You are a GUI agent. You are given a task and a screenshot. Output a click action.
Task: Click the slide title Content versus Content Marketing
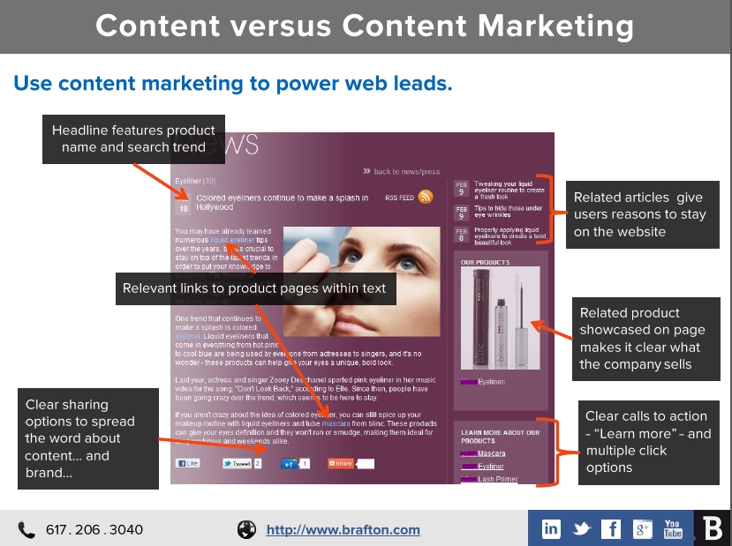click(x=365, y=26)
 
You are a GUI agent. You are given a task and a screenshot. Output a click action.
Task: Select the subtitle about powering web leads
click(x=233, y=84)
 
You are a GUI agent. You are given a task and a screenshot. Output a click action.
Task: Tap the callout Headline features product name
click(x=133, y=139)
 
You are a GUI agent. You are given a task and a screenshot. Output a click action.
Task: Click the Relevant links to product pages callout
click(x=254, y=288)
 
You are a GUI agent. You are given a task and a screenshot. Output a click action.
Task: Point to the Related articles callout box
click(x=638, y=214)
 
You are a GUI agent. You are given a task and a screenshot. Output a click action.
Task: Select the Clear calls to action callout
click(x=648, y=441)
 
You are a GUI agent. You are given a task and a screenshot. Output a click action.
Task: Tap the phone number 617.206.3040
click(x=94, y=530)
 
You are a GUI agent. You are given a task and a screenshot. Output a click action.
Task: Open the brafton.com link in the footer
click(x=343, y=530)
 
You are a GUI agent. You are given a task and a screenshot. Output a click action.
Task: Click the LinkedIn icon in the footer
click(x=551, y=529)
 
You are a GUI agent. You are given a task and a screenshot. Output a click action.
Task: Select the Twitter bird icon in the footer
click(x=581, y=529)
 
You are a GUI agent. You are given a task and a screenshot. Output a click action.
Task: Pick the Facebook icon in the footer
click(x=611, y=529)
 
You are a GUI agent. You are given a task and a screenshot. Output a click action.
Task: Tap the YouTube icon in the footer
click(x=673, y=529)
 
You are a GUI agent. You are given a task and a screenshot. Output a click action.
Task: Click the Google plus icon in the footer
click(x=642, y=529)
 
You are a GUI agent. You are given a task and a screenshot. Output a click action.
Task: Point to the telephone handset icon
click(x=26, y=530)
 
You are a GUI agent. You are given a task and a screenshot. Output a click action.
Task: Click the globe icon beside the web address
click(x=246, y=530)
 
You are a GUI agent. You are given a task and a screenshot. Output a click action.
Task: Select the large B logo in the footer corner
click(x=713, y=528)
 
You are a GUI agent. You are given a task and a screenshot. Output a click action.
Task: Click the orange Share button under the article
click(x=340, y=463)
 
